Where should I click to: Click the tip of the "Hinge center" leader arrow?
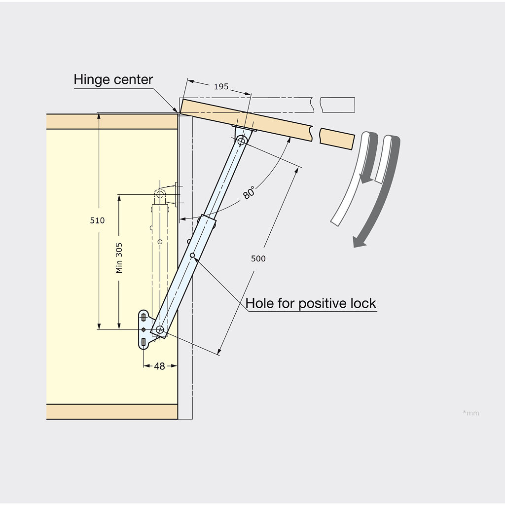point(178,113)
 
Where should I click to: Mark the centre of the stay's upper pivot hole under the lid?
point(241,141)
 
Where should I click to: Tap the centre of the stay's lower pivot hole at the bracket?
point(160,329)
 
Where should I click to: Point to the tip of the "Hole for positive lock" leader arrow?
point(193,256)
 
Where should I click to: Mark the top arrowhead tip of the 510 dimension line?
point(99,113)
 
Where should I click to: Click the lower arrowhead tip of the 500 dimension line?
point(218,355)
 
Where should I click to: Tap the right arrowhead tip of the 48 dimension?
point(177,365)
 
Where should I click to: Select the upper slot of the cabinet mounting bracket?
point(144,318)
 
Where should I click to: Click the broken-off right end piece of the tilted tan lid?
point(337,139)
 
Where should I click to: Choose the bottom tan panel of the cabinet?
point(112,412)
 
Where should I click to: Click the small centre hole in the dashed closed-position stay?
point(160,242)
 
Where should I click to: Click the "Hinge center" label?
point(113,79)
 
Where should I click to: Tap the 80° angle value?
point(249,192)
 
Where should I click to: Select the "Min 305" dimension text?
point(119,258)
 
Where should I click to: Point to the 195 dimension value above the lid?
point(221,87)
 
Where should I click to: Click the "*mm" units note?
point(471,413)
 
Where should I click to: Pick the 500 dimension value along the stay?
point(258,258)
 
